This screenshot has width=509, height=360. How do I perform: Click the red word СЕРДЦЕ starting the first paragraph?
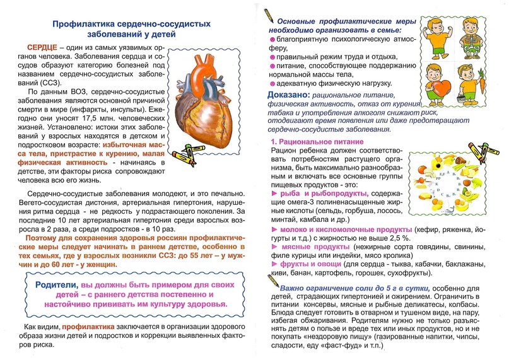43,49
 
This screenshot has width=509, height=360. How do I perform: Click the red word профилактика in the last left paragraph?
88,327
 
